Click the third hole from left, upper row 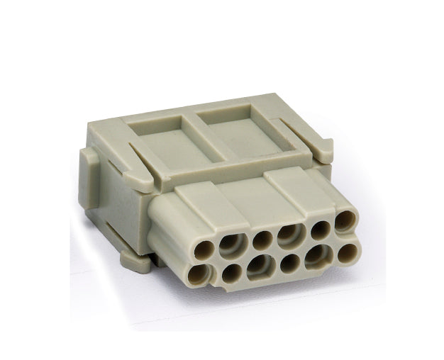262,237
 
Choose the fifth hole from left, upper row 318,228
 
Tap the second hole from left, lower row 232,272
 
